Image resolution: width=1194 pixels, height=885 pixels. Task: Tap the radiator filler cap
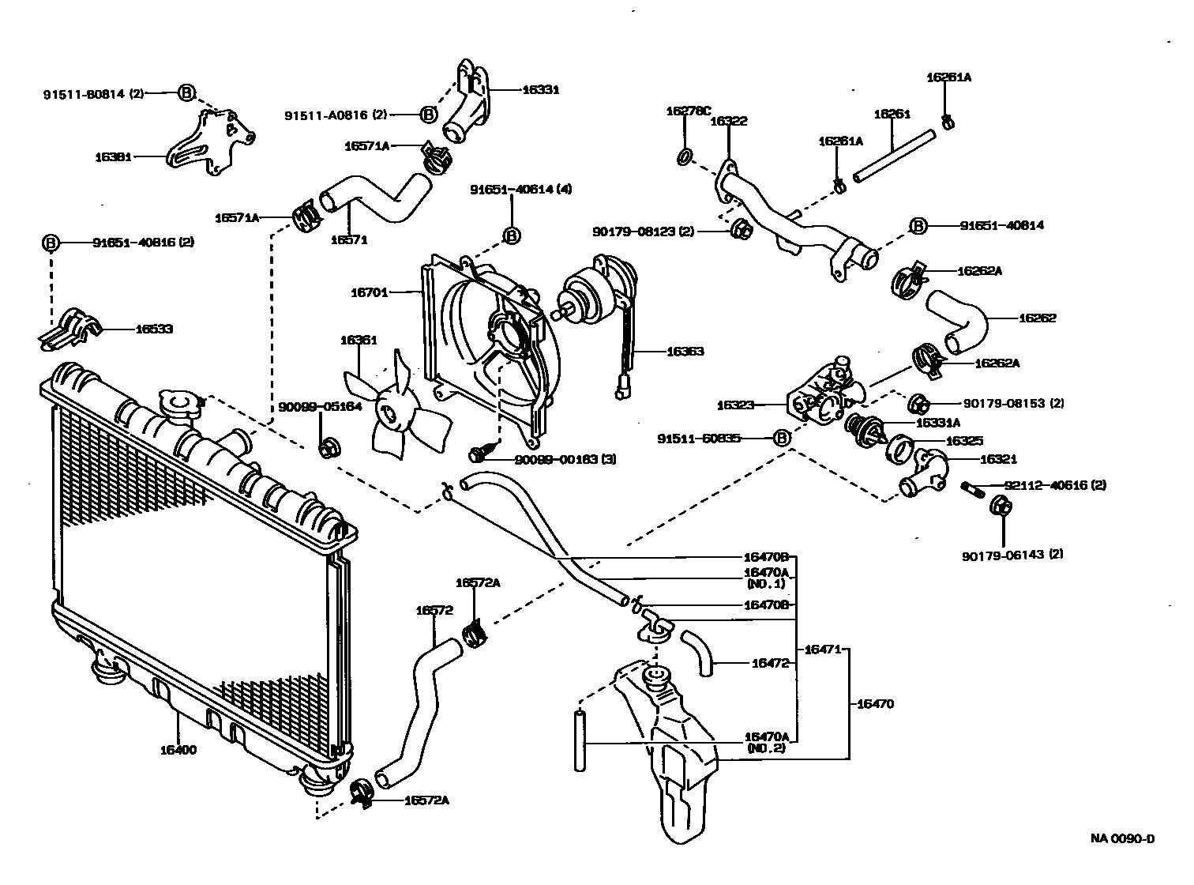click(179, 405)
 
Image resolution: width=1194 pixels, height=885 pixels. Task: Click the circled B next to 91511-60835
click(780, 438)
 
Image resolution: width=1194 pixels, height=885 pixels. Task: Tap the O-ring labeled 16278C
click(686, 156)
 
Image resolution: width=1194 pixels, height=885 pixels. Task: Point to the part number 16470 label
click(875, 703)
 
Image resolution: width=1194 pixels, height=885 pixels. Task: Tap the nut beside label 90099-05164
click(326, 448)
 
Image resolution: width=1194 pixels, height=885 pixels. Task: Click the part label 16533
click(155, 329)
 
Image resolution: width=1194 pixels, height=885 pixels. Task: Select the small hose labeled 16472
click(696, 652)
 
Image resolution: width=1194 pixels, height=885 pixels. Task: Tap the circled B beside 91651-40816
click(51, 243)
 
